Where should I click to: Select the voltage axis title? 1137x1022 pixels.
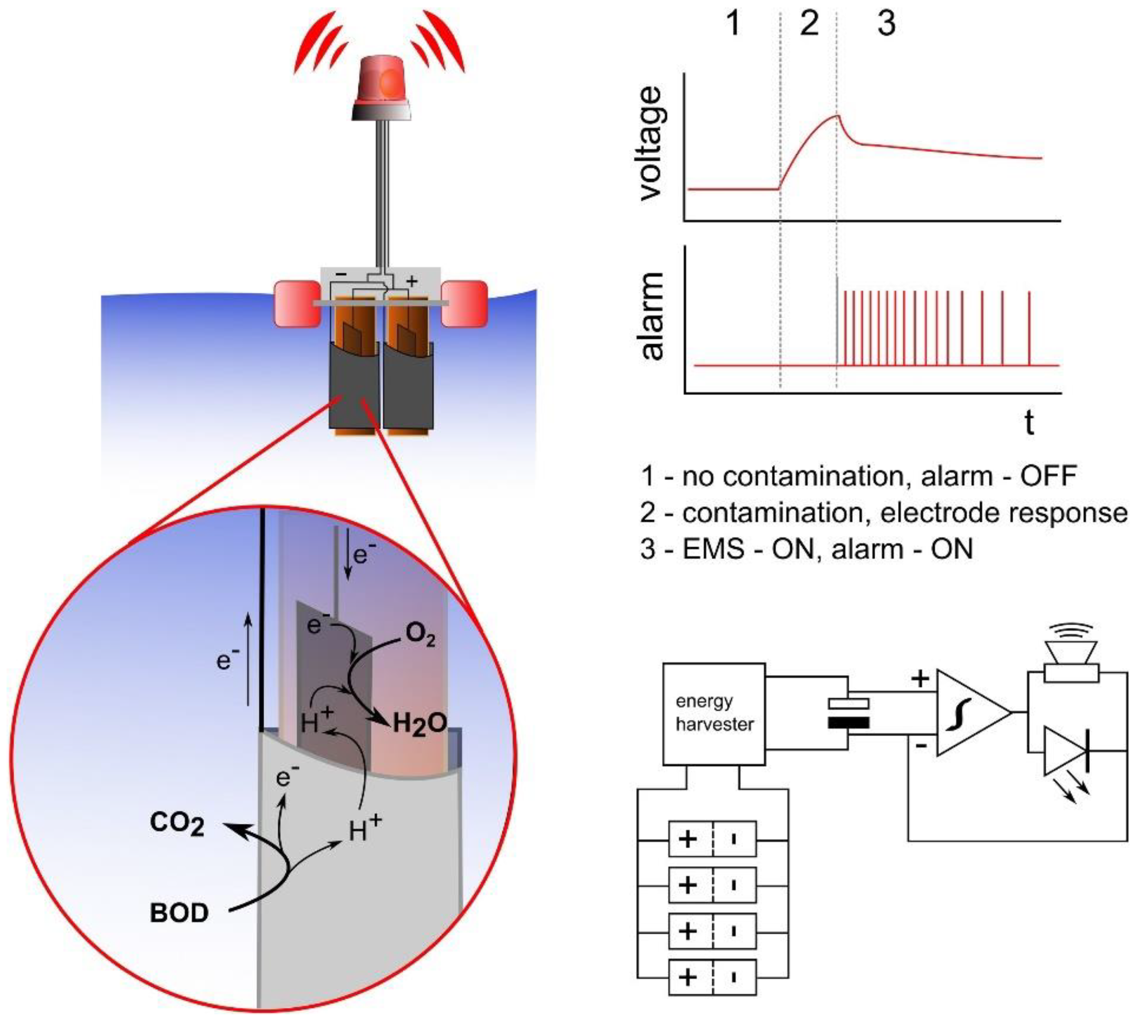point(653,143)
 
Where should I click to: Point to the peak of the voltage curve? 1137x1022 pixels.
point(837,116)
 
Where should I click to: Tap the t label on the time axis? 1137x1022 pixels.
point(1029,422)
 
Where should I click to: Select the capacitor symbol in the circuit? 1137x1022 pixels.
point(848,713)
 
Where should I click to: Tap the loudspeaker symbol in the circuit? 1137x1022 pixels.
point(1071,662)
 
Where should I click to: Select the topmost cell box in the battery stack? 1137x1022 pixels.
point(712,839)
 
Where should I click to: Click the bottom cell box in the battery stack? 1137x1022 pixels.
point(712,978)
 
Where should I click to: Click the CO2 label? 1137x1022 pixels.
point(177,825)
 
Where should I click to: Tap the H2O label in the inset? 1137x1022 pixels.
point(420,724)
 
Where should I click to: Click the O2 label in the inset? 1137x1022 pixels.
point(421,635)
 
